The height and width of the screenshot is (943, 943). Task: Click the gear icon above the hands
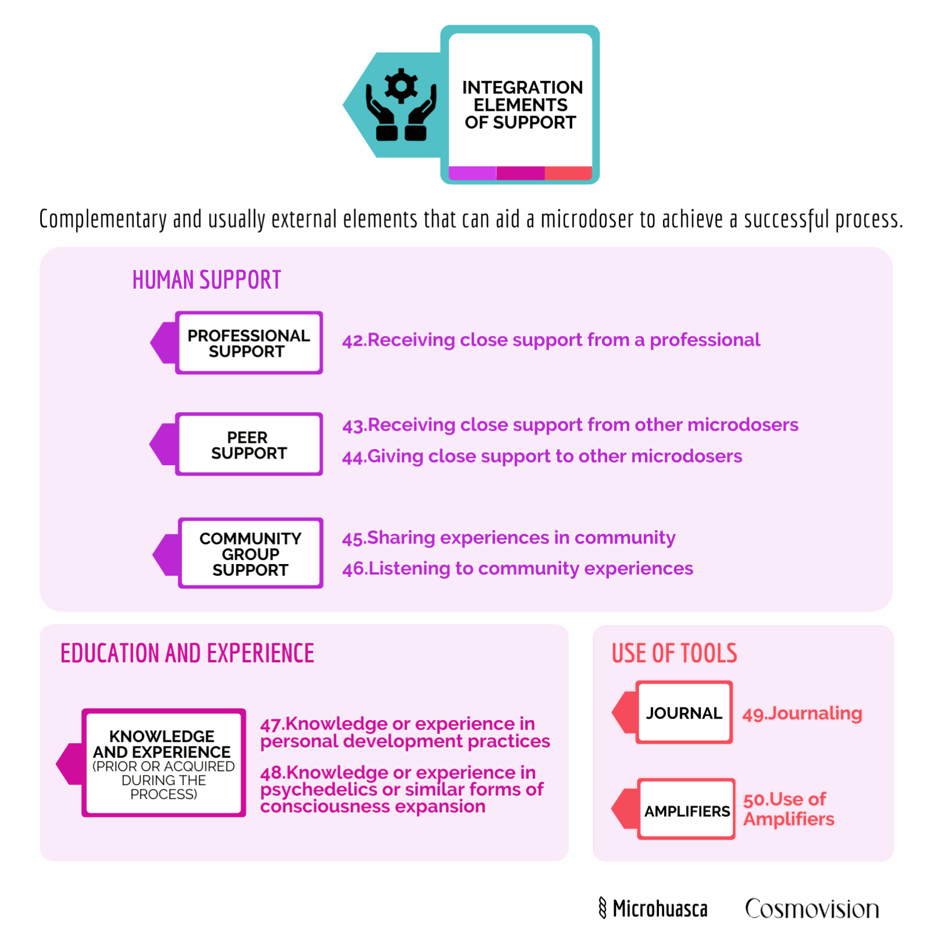(401, 87)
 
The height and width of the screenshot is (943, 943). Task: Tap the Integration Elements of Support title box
(520, 104)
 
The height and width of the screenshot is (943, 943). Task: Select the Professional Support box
(249, 342)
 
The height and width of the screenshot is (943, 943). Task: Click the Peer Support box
(249, 444)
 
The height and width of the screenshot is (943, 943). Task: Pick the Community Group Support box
(250, 553)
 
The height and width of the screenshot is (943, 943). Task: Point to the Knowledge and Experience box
(163, 763)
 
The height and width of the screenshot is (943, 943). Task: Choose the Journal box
(684, 712)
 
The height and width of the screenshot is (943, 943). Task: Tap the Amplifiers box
(687, 809)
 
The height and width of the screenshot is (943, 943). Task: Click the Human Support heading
(206, 280)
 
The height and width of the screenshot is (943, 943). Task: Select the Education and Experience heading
(187, 653)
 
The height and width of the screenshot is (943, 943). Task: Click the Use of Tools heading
(674, 653)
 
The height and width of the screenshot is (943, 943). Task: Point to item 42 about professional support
(551, 340)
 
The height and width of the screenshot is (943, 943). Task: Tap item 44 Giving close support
(542, 456)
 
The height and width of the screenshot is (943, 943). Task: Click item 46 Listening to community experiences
(517, 569)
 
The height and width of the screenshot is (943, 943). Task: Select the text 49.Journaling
(802, 714)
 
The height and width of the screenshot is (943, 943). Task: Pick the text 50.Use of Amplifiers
(789, 809)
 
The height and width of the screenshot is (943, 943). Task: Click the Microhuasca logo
(653, 908)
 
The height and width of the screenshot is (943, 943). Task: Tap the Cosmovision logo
(812, 909)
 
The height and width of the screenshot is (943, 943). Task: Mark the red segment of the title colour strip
(568, 173)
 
